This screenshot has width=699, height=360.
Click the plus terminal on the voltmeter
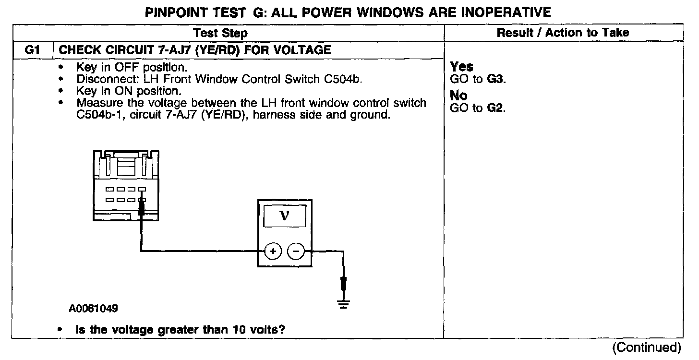click(273, 251)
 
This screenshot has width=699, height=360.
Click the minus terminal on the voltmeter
click(296, 251)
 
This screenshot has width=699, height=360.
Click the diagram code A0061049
click(94, 308)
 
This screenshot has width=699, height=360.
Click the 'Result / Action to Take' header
click(563, 33)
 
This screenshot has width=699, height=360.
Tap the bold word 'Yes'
click(462, 67)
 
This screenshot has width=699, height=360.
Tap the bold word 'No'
click(459, 96)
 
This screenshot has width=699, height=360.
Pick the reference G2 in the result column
click(496, 108)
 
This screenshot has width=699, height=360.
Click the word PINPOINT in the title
click(177, 12)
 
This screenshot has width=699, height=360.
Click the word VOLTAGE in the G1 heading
click(300, 49)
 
